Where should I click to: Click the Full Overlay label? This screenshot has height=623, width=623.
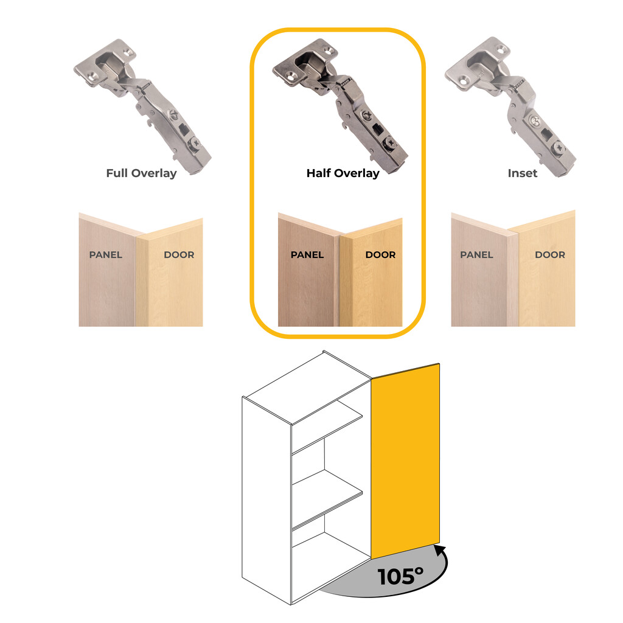pos(141,173)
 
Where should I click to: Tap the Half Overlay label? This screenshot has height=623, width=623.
pos(343,173)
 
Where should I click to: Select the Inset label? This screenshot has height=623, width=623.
pos(523,173)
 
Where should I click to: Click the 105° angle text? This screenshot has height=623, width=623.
pos(400,576)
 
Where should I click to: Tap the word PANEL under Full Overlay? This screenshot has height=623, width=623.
pos(106,254)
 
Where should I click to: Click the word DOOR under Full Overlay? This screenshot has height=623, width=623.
pos(179,254)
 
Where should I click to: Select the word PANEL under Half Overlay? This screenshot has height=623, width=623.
pos(307,254)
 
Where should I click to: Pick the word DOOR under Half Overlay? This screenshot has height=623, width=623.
pos(380,254)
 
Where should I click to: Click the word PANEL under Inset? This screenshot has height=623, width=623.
pos(476,254)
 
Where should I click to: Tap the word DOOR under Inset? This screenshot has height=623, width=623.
pos(550,254)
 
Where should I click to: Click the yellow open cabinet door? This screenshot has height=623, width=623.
pos(405,459)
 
